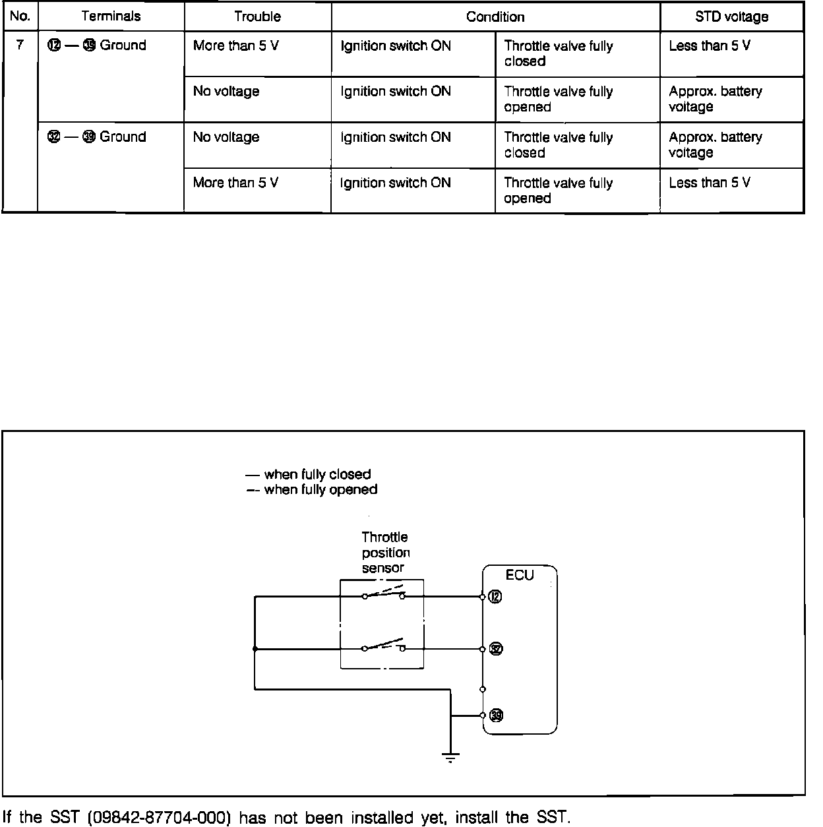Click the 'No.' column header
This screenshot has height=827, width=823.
coord(20,16)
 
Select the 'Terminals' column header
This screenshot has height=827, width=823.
coord(111,16)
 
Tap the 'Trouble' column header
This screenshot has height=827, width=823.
coord(257,16)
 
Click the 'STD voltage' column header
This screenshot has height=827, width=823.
coord(731,16)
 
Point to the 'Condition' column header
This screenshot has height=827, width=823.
coord(495,16)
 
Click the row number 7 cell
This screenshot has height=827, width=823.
coord(20,46)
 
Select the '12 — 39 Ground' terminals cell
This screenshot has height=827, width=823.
coord(97,46)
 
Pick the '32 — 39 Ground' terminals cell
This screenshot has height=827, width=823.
coord(97,137)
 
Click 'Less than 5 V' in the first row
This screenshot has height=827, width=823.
coord(709,46)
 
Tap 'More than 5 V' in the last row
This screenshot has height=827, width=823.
coord(235,183)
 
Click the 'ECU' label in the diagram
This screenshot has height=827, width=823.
coord(520,575)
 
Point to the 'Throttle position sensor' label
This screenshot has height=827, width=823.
coord(385,553)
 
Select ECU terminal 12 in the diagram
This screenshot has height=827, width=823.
coord(495,597)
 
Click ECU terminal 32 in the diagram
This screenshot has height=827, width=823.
coord(496,649)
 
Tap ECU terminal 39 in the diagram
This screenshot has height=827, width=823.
coord(497,716)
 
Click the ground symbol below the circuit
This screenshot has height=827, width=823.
coord(450,757)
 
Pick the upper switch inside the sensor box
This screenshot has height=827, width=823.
coord(383,594)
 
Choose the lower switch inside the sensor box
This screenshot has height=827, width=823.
coord(383,646)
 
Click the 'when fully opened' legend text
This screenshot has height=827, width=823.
coord(320,490)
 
